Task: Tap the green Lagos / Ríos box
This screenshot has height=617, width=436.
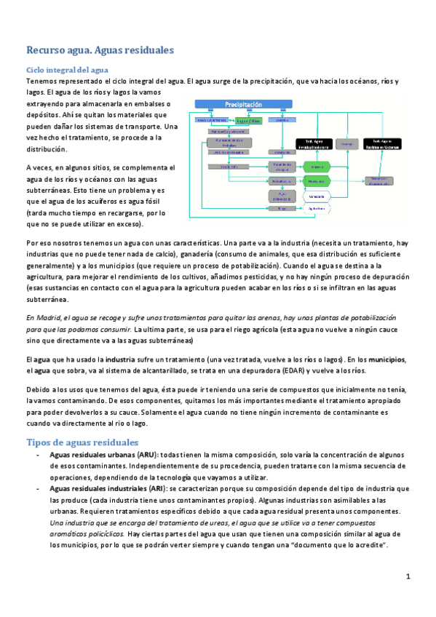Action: click(x=247, y=120)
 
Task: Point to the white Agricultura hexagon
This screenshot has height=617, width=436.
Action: click(x=315, y=209)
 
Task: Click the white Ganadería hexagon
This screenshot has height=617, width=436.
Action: click(x=315, y=196)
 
